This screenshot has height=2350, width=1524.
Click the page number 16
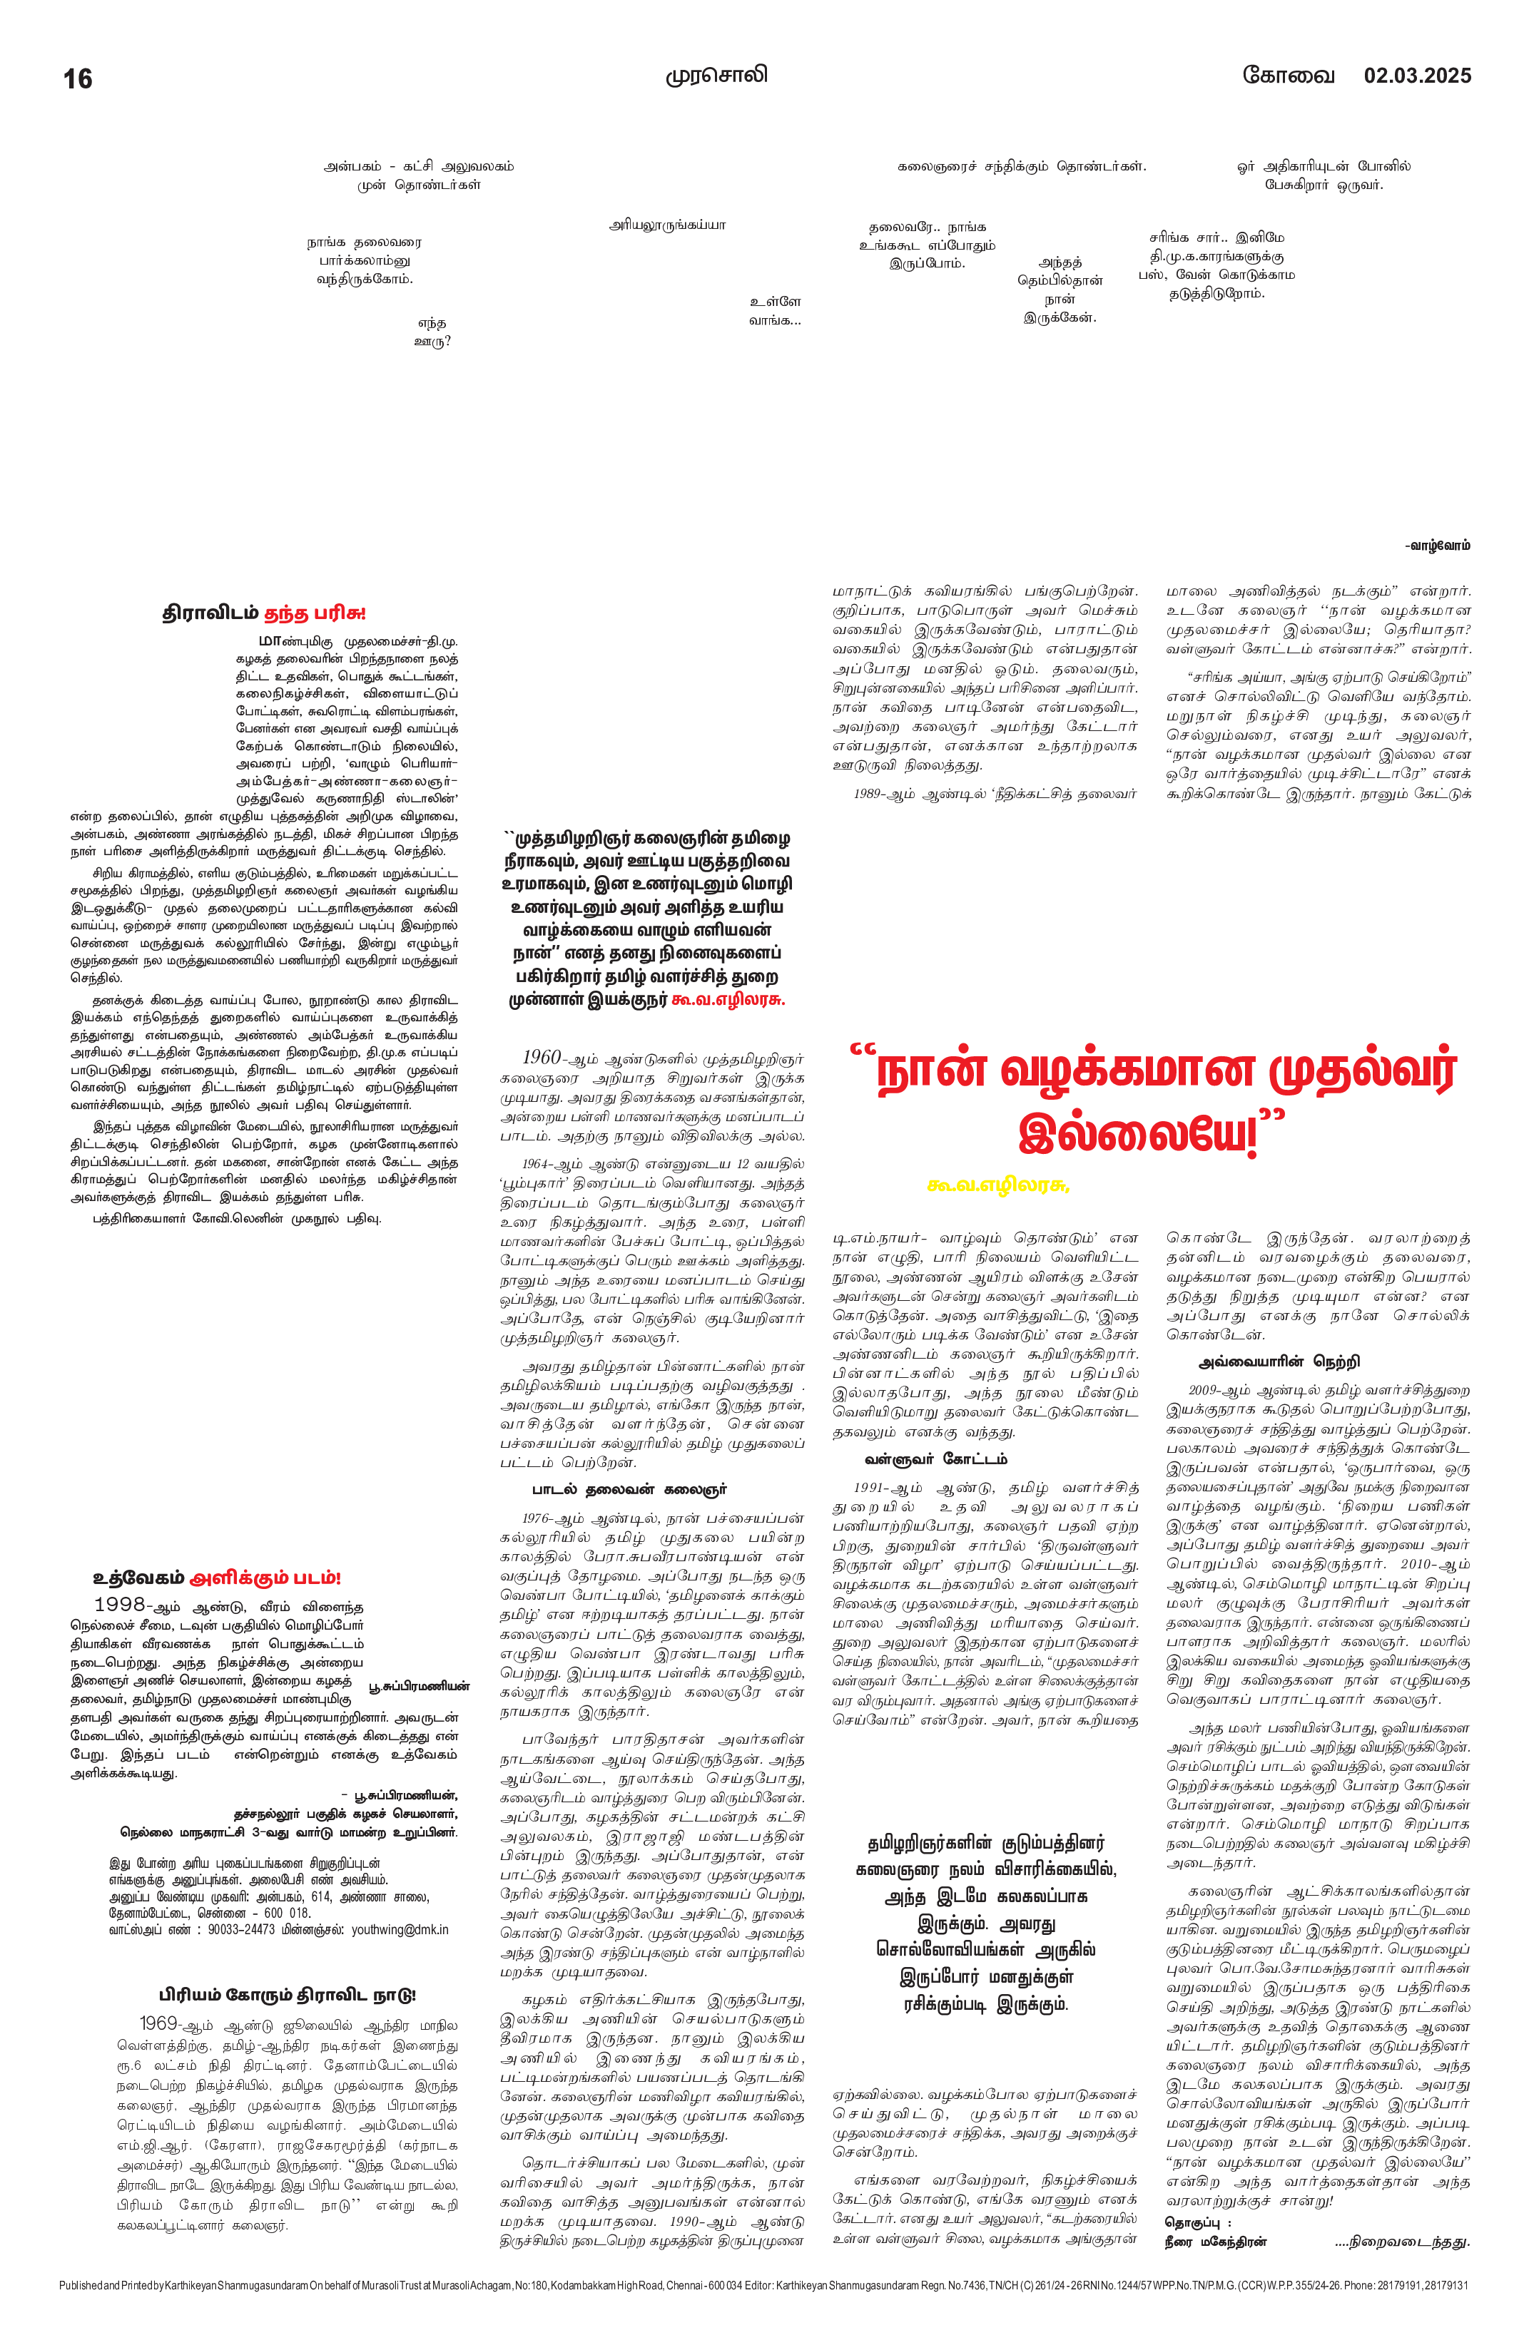[x=77, y=79]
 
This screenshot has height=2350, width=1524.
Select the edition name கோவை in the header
[x=1288, y=75]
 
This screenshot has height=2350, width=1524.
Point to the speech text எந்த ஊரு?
[x=432, y=332]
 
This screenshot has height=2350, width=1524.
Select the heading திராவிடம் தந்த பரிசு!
[x=264, y=613]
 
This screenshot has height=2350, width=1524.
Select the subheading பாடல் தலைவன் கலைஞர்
[x=629, y=1489]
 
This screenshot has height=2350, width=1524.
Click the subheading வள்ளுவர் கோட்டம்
[x=935, y=1458]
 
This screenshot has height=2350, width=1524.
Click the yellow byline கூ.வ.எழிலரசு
[x=999, y=1186]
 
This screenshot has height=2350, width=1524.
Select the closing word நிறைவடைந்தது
[x=1403, y=2242]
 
